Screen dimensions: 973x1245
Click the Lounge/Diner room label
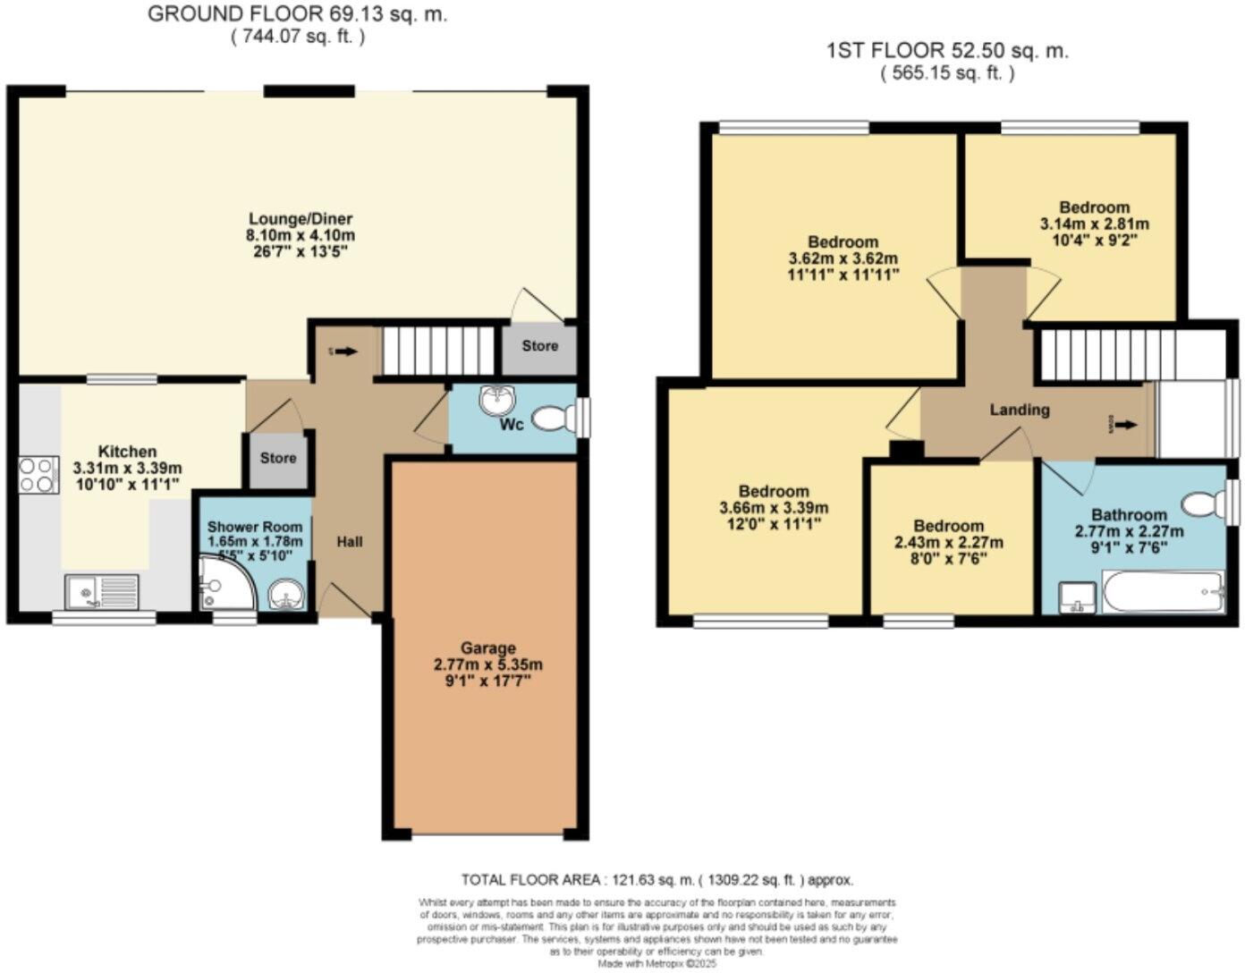(x=301, y=219)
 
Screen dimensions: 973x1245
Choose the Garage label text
(x=487, y=647)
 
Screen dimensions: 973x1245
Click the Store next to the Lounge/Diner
(x=539, y=346)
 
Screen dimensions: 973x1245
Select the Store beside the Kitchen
(x=278, y=459)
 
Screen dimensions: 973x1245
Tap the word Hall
(x=350, y=542)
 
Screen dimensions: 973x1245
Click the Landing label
(x=1019, y=410)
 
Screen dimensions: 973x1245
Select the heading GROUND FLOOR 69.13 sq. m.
(x=297, y=14)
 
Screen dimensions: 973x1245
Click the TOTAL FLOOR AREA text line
(x=656, y=880)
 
